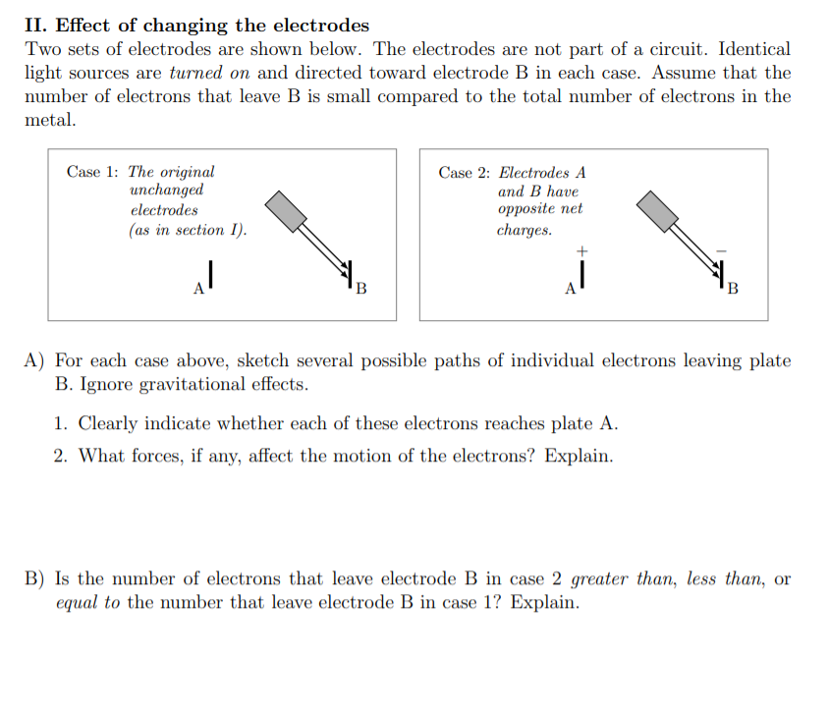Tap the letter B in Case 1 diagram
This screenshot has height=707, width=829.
[360, 290]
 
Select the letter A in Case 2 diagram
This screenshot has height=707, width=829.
[570, 290]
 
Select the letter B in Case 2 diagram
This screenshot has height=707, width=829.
[732, 290]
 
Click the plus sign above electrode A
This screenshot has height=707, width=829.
[581, 252]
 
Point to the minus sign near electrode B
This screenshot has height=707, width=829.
[720, 252]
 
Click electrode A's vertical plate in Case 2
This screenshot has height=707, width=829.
[582, 278]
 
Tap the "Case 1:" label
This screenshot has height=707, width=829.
[93, 172]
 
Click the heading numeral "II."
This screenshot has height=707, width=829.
[37, 26]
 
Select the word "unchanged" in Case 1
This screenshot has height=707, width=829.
[166, 190]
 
